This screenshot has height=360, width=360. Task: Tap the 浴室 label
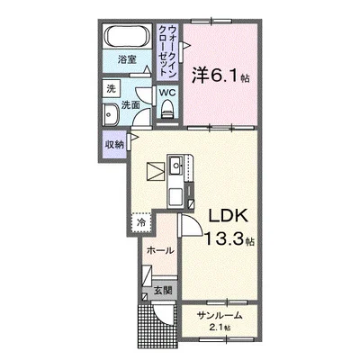click(x=127, y=59)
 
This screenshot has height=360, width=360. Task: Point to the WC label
click(x=167, y=93)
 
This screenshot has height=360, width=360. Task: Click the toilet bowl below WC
click(x=167, y=110)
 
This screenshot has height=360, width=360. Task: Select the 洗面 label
click(x=130, y=104)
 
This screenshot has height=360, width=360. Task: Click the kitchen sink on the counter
click(x=175, y=165)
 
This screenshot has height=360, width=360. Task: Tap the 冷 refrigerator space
click(x=141, y=219)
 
